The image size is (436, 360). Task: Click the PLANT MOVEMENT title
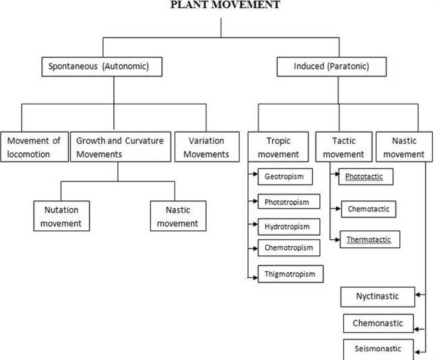point(225,5)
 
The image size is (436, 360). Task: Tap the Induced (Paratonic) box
point(331,66)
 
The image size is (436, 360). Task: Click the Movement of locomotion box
point(34,147)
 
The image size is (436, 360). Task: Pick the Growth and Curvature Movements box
point(120,147)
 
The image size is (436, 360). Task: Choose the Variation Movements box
point(206,147)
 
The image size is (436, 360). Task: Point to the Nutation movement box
point(61,216)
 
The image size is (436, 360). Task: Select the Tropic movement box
point(278,147)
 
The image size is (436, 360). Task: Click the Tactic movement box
point(343,147)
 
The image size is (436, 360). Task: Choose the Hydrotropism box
point(287,226)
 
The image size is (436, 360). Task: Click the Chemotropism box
point(288,247)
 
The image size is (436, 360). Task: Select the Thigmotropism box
point(290,274)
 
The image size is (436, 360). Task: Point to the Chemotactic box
point(368,209)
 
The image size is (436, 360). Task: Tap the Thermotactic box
point(370,240)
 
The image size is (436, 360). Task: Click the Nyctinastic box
point(377,296)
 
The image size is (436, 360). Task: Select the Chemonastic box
point(378,323)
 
